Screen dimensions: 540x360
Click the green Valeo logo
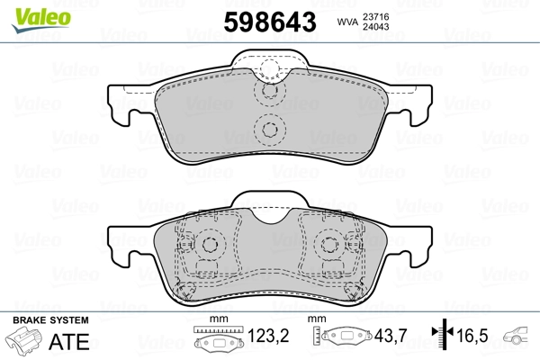click(x=41, y=20)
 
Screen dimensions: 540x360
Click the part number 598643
click(x=270, y=22)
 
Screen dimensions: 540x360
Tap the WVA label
click(x=347, y=22)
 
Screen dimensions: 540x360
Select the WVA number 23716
click(x=375, y=16)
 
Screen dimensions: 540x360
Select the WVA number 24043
click(x=375, y=27)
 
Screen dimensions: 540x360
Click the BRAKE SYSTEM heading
click(x=51, y=320)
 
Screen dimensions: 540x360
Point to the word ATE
click(x=69, y=342)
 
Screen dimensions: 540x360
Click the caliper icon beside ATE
click(x=24, y=340)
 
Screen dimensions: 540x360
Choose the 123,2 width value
click(x=268, y=336)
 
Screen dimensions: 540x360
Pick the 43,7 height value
click(x=391, y=336)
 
